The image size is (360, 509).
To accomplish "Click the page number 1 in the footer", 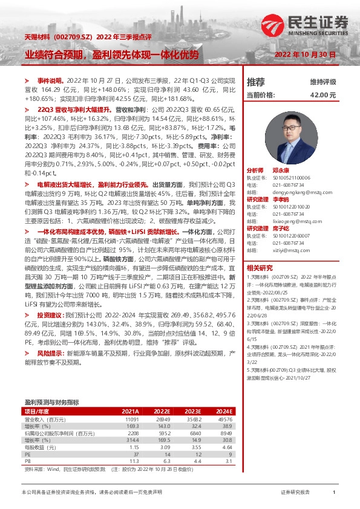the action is coord(333,493).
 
